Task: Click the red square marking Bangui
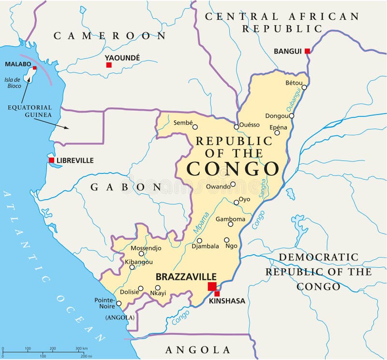click(x=307, y=51)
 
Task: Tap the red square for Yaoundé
click(x=109, y=65)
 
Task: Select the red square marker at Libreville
click(x=51, y=160)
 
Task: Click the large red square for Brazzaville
click(x=212, y=287)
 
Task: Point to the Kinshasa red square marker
click(x=217, y=293)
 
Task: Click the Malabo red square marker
click(x=34, y=68)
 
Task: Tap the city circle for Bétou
click(x=304, y=87)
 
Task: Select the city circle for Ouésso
click(x=236, y=127)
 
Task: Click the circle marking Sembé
click(x=195, y=127)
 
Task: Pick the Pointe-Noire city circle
click(x=119, y=303)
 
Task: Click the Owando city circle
click(x=233, y=184)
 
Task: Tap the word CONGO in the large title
click(x=233, y=169)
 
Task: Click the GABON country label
click(x=126, y=187)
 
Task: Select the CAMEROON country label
click(x=110, y=35)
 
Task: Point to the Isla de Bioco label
click(x=13, y=83)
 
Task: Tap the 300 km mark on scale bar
click(x=80, y=348)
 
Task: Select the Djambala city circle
click(x=199, y=241)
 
